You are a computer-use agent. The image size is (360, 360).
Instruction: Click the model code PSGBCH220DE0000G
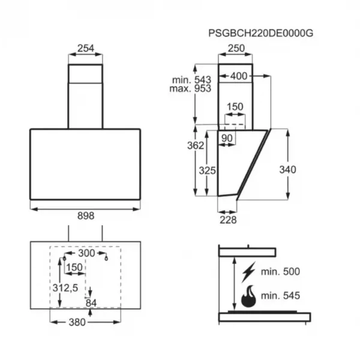[260, 33]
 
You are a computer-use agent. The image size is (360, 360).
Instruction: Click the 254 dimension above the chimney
[86, 48]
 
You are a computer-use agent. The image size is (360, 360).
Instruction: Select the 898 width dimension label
[86, 216]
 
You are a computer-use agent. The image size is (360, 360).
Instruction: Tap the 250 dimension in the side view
[236, 48]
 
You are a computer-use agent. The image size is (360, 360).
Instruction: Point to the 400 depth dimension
[239, 76]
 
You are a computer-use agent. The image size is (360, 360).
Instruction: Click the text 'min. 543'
[191, 80]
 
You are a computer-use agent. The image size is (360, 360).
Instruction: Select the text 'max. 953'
[190, 88]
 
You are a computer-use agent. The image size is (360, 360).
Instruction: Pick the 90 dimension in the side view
[227, 138]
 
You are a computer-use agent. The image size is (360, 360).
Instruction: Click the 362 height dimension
[196, 146]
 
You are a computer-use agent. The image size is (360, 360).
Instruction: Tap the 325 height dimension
[208, 170]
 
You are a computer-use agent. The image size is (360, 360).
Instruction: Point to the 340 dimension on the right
[287, 170]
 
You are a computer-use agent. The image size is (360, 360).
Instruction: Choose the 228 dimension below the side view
[228, 220]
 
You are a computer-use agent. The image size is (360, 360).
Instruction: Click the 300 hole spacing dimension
[86, 253]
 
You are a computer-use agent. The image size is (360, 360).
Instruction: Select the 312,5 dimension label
[65, 288]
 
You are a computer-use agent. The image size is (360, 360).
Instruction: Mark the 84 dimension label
[91, 303]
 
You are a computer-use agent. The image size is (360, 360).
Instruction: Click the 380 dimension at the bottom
[77, 322]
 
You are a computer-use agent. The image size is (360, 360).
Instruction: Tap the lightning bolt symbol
[248, 272]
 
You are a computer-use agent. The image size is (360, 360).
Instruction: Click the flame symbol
[248, 296]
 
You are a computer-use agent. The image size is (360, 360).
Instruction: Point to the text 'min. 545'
[280, 295]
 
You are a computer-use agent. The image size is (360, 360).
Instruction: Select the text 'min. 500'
[280, 272]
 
